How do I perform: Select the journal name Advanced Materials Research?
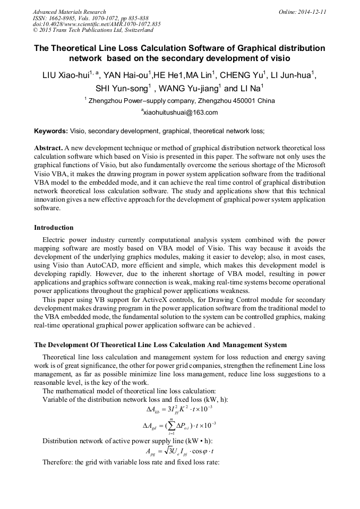tap(69, 12)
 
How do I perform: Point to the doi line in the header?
tap(97, 24)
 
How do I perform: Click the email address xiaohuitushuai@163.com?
tap(179, 113)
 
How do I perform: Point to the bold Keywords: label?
tap(51, 131)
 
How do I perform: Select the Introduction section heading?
tap(54, 228)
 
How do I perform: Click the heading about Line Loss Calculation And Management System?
tap(160, 346)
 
